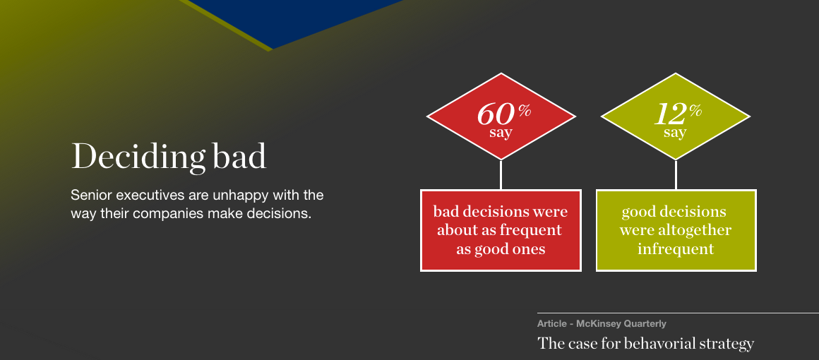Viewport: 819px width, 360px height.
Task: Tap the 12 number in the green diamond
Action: click(669, 113)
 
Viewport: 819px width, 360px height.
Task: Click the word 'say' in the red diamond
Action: click(501, 133)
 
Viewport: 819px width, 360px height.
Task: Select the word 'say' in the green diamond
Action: click(675, 133)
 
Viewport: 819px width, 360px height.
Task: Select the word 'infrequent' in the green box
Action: click(676, 248)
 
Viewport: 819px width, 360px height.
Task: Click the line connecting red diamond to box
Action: click(501, 174)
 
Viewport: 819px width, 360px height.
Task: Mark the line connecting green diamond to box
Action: click(676, 174)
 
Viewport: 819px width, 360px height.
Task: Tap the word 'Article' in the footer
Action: click(552, 323)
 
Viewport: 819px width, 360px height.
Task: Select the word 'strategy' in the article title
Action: click(729, 344)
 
